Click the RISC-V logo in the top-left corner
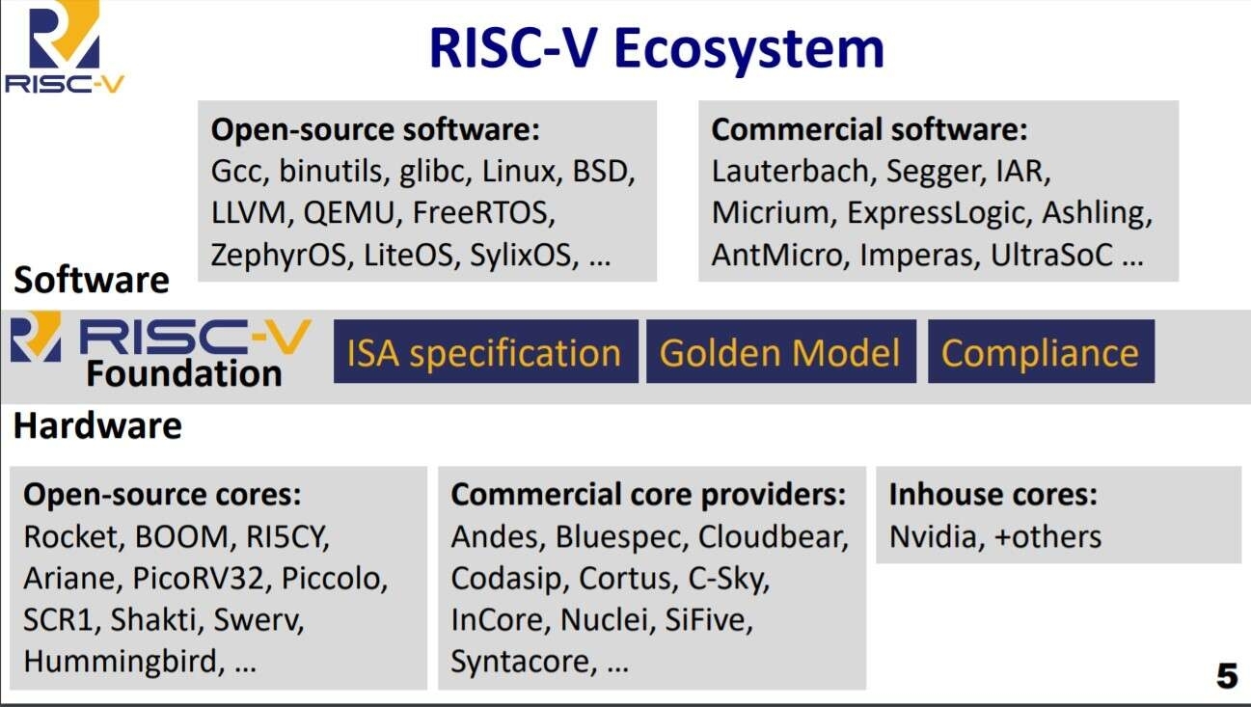point(65,47)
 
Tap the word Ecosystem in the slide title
point(748,49)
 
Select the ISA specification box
point(486,351)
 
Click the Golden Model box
point(781,351)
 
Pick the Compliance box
point(1041,351)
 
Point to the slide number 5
point(1227,676)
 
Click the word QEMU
point(349,213)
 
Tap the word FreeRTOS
point(483,213)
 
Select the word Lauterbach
point(790,171)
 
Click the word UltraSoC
point(1051,255)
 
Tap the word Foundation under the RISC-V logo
point(184,373)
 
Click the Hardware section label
point(97,426)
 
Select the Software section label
point(92,280)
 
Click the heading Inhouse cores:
point(993,495)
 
